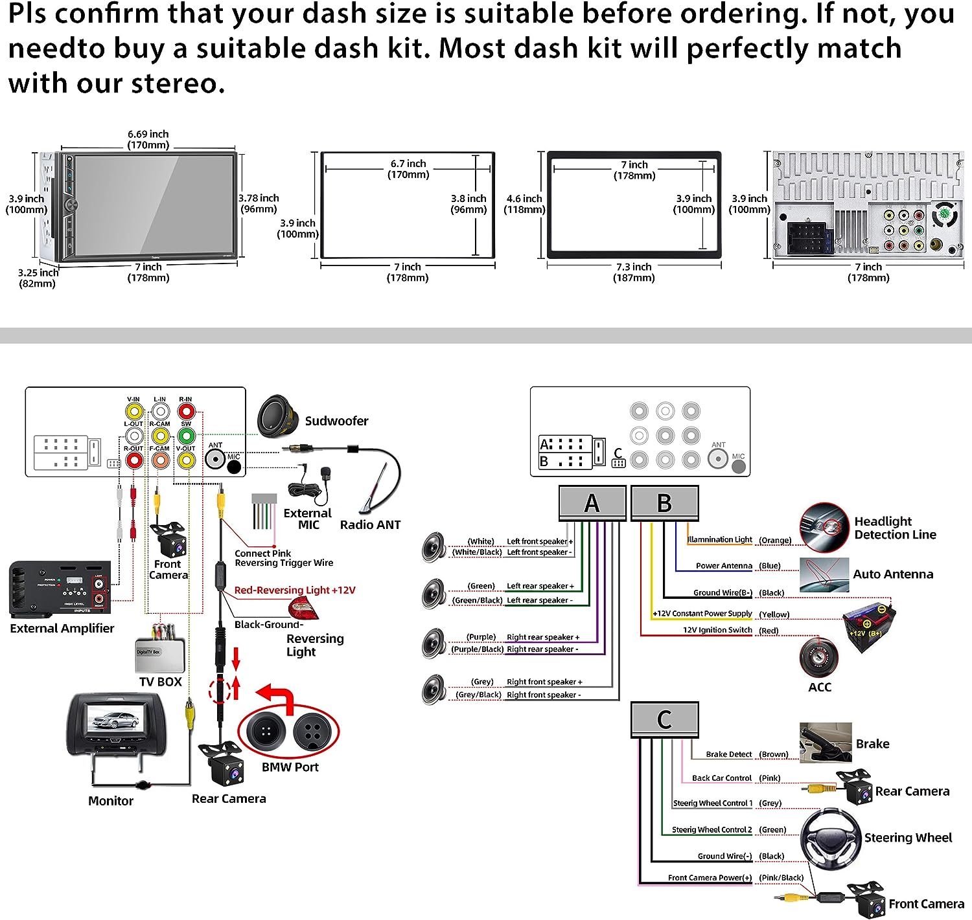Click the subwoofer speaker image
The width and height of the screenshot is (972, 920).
tap(278, 417)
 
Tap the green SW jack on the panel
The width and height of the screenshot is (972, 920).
tap(186, 436)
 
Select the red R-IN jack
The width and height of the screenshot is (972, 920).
tap(186, 411)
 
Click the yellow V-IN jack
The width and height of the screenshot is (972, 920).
tap(133, 411)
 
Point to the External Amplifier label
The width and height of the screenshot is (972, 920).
tap(62, 628)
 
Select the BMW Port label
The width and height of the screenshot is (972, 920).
tap(290, 767)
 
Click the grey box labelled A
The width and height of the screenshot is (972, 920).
tap(592, 503)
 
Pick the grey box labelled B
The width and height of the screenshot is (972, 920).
tap(664, 503)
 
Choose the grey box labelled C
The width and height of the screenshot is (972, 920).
tap(664, 719)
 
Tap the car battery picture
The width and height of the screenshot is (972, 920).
tap(869, 625)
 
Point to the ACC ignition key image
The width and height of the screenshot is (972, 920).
tap(819, 658)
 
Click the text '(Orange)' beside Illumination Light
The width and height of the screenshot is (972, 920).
tap(775, 540)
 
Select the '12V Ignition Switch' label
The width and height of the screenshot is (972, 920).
tap(717, 630)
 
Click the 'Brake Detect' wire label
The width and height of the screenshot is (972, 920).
tap(728, 754)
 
